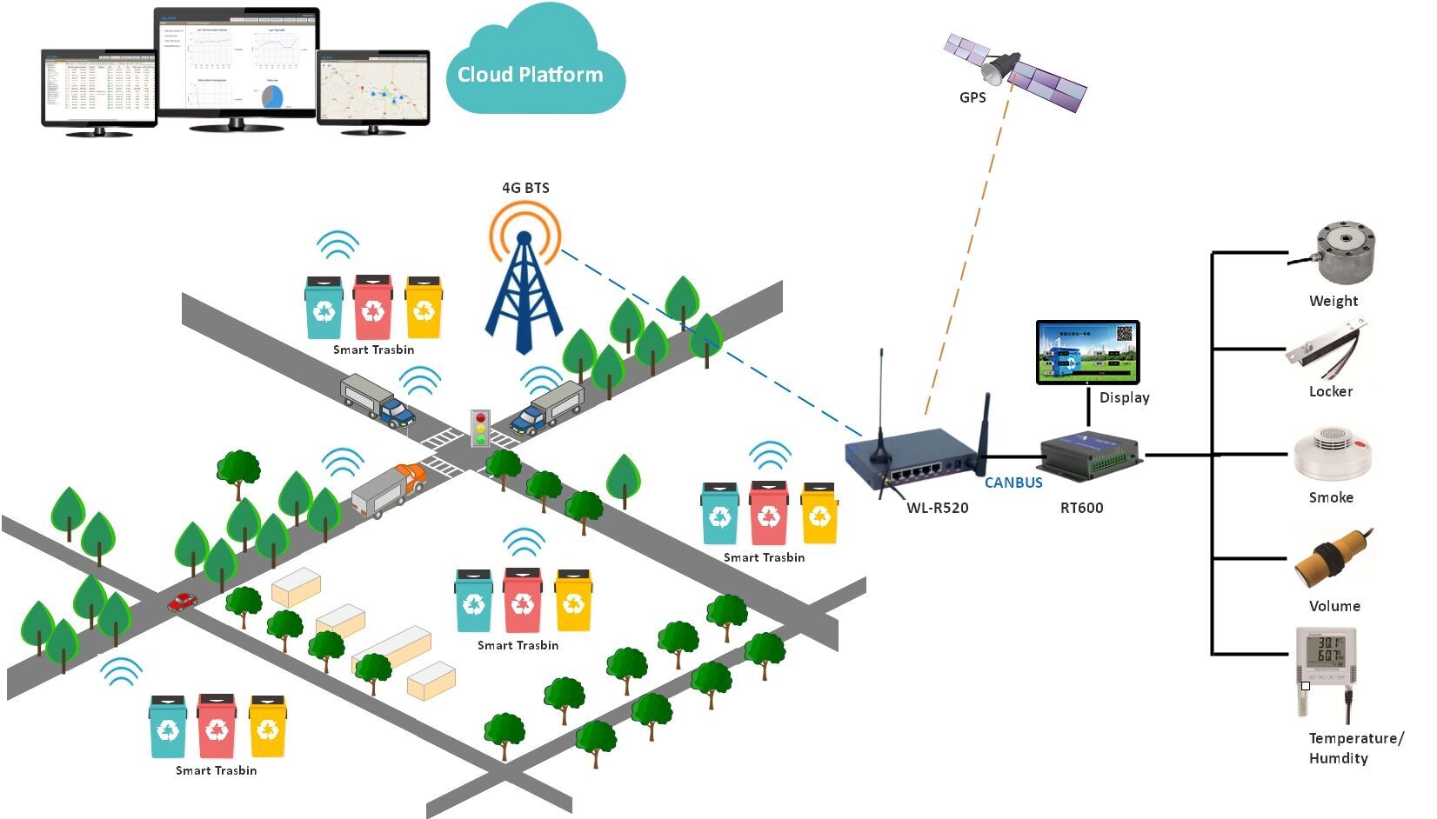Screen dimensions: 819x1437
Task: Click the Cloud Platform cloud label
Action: tap(531, 75)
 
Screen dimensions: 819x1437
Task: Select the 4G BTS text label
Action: tap(525, 188)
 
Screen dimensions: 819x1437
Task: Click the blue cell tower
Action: tap(524, 296)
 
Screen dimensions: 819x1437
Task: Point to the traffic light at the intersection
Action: tap(479, 428)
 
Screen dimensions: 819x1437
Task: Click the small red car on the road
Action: tap(183, 601)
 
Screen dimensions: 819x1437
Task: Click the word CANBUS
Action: tap(1013, 483)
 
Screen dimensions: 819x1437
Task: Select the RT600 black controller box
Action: tap(1088, 456)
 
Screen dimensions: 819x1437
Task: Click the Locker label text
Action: tap(1330, 392)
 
